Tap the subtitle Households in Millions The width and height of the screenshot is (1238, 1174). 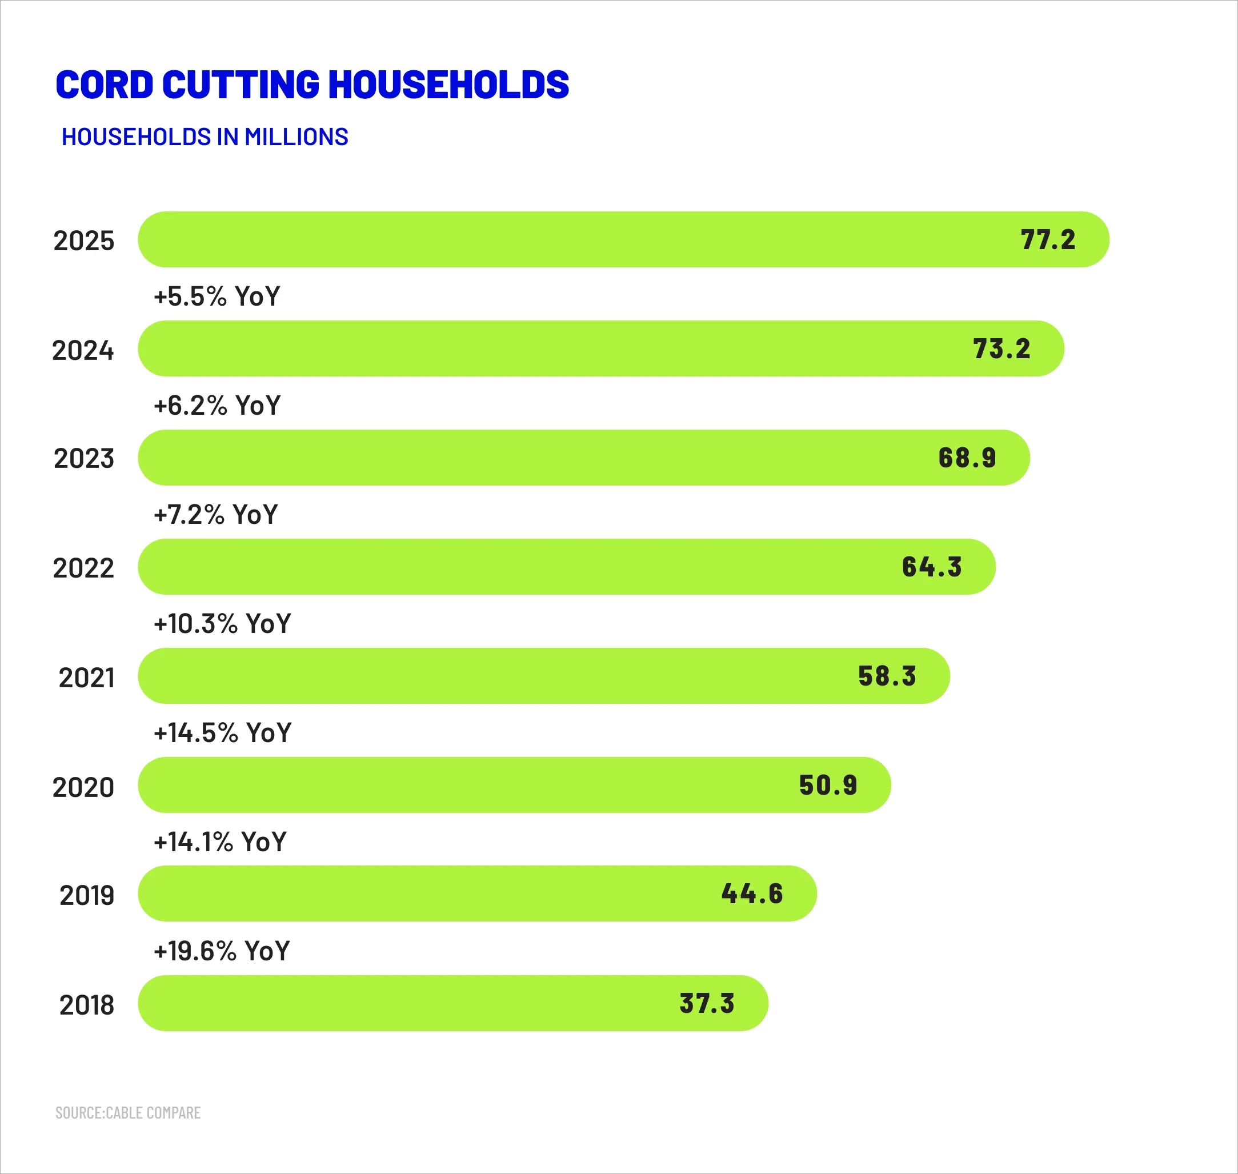[x=205, y=137]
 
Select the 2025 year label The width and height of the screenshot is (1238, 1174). [x=84, y=241]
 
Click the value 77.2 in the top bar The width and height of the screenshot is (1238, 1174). [x=1048, y=240]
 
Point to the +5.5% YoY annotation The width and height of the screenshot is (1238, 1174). [x=217, y=296]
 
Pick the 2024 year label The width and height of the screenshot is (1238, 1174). [x=83, y=350]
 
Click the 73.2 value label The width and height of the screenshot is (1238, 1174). [x=1001, y=349]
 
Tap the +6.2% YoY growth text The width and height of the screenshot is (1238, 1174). [x=217, y=406]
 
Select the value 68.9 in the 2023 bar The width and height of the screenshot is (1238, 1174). [x=967, y=458]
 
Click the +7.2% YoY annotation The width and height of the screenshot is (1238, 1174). [x=215, y=514]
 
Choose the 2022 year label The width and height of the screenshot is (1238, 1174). [x=83, y=568]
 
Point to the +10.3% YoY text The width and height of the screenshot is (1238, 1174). [x=222, y=624]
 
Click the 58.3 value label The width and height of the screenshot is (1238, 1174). [x=887, y=676]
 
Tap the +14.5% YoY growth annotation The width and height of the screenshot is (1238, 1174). [x=222, y=733]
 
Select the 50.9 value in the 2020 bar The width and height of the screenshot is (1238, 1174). [x=828, y=786]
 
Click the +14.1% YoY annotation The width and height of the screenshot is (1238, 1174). [x=220, y=842]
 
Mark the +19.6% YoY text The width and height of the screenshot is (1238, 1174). [x=222, y=951]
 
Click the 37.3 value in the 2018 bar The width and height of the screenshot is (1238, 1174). [x=707, y=1004]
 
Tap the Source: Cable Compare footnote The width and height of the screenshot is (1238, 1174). [x=127, y=1113]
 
